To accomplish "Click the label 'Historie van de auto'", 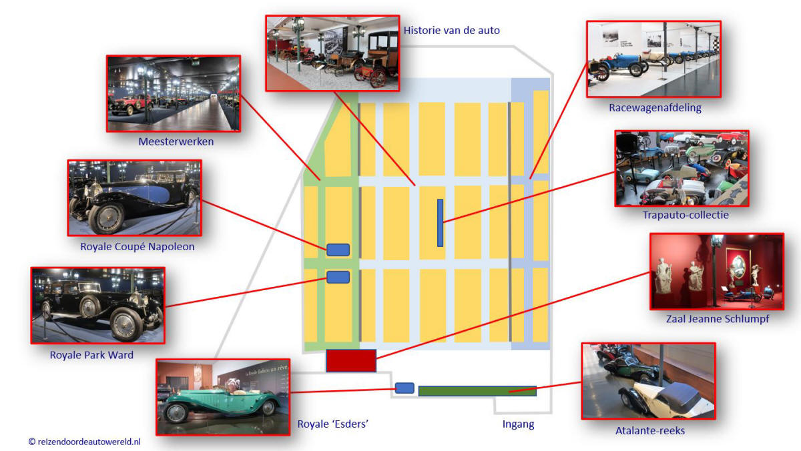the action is pyautogui.click(x=452, y=31).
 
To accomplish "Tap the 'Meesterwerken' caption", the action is pyautogui.click(x=176, y=141).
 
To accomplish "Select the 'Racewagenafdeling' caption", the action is pyautogui.click(x=655, y=107).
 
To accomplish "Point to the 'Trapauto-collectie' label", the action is pyautogui.click(x=686, y=215).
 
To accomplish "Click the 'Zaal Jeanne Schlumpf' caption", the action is pyautogui.click(x=718, y=319).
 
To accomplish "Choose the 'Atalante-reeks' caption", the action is pyautogui.click(x=650, y=430).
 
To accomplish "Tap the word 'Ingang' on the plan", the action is pyautogui.click(x=518, y=424).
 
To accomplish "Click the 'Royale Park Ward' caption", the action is pyautogui.click(x=91, y=355).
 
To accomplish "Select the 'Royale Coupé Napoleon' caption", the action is pyautogui.click(x=138, y=247).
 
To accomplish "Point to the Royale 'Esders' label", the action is pyautogui.click(x=333, y=424).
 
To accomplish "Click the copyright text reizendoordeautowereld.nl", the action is pyautogui.click(x=85, y=442).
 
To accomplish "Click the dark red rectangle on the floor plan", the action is pyautogui.click(x=351, y=360).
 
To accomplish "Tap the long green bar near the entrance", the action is pyautogui.click(x=477, y=391).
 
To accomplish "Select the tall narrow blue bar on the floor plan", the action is pyautogui.click(x=440, y=223).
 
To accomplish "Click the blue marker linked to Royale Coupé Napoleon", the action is pyautogui.click(x=338, y=250).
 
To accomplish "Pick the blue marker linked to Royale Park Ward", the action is pyautogui.click(x=338, y=277).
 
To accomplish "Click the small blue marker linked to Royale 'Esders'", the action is pyautogui.click(x=405, y=388).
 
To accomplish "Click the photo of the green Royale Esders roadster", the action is pyautogui.click(x=223, y=397).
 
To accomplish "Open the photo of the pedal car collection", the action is pyautogui.click(x=682, y=168).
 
